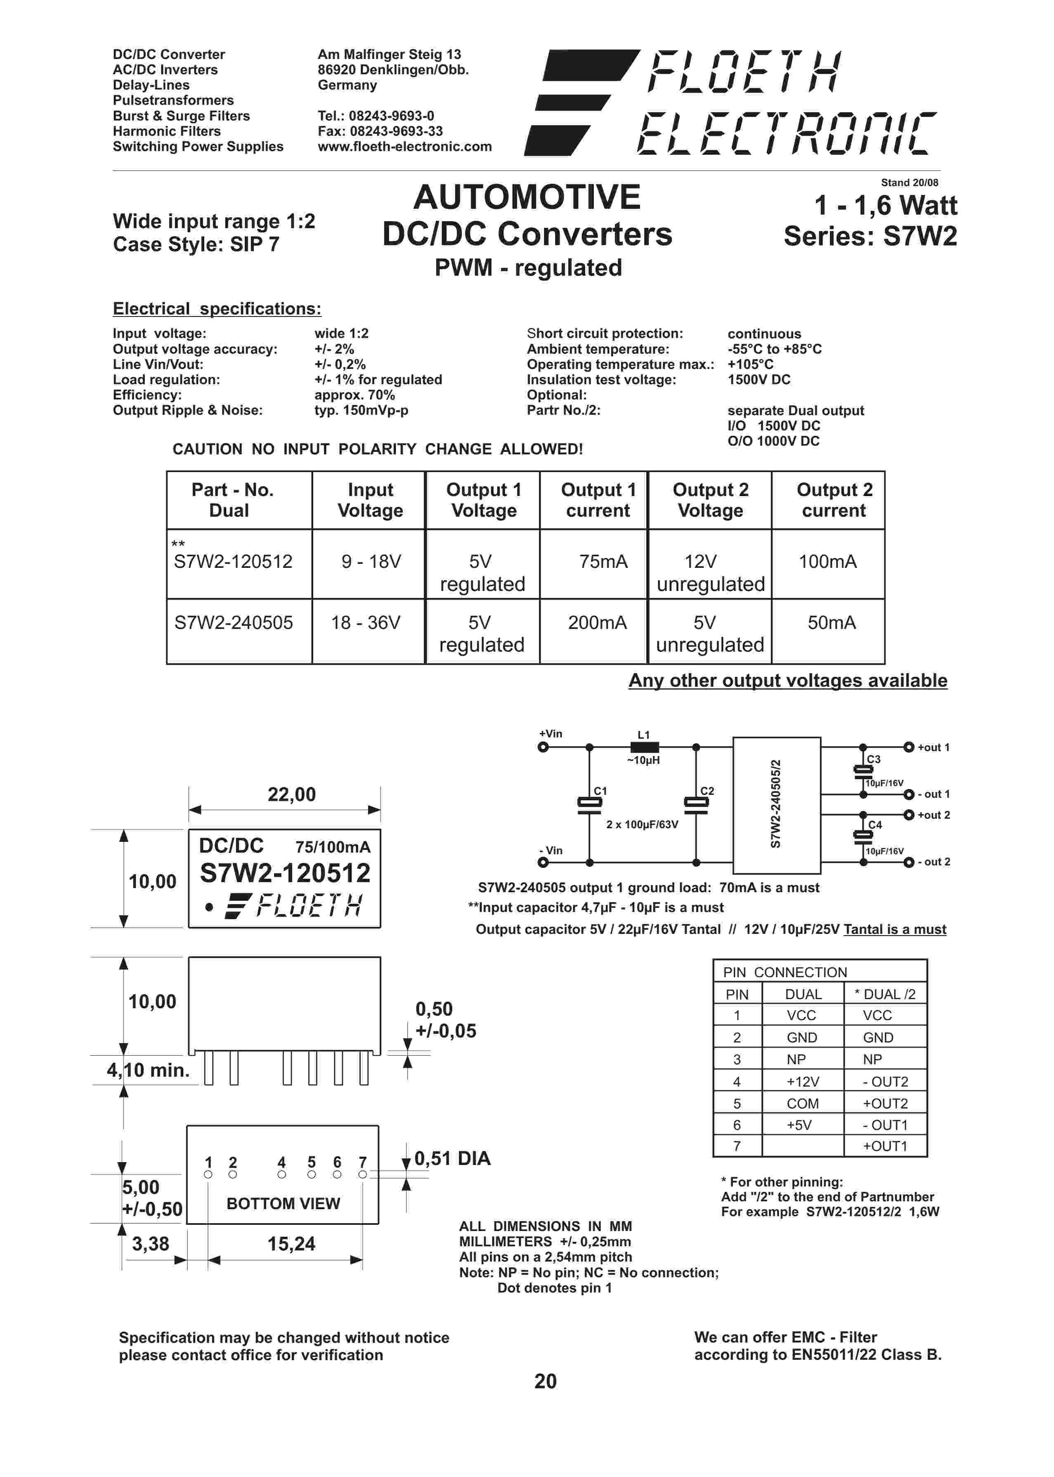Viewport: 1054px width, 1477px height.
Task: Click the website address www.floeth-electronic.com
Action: [x=404, y=147]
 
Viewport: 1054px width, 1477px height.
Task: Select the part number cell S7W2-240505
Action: [x=234, y=623]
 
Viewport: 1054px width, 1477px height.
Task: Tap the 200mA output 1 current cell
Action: [x=597, y=623]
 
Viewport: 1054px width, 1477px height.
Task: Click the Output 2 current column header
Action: [x=834, y=500]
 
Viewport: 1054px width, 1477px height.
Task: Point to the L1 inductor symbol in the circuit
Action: [x=644, y=747]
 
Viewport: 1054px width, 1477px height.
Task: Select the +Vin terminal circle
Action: [x=543, y=747]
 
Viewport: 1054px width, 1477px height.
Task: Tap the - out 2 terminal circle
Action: [x=909, y=863]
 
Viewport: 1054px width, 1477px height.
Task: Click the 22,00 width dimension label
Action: [x=291, y=795]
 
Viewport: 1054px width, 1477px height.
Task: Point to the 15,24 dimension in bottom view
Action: [x=291, y=1244]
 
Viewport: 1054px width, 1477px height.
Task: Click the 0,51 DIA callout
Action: [x=452, y=1158]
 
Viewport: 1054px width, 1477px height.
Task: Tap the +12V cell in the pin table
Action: [x=803, y=1082]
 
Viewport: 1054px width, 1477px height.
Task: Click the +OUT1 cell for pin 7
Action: [x=885, y=1146]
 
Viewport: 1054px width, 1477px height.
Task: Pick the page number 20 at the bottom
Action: [x=545, y=1381]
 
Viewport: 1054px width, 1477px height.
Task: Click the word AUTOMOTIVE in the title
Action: [x=527, y=197]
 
